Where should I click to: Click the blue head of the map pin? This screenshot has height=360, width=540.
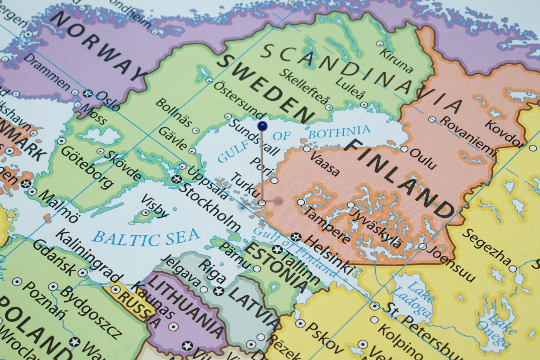tap(262, 125)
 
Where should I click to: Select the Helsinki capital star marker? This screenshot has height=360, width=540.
tap(296, 236)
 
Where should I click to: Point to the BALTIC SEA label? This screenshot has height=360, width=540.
tap(147, 237)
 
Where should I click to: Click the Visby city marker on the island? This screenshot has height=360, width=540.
tap(145, 213)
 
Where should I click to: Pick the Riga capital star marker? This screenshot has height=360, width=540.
tap(220, 290)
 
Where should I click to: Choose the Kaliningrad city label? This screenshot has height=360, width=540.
tap(89, 256)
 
